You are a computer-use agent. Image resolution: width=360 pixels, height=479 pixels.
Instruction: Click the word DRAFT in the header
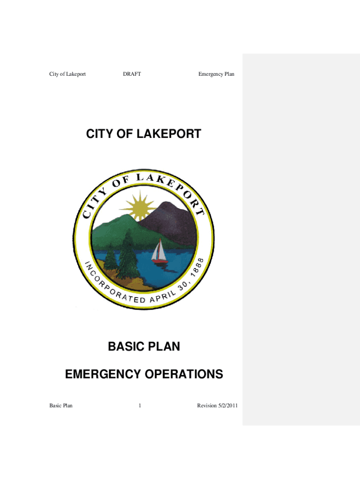(x=132, y=74)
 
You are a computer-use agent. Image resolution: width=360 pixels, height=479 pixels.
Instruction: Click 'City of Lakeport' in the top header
(x=67, y=74)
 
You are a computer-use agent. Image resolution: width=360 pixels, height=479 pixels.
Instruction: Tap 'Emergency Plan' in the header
(x=216, y=74)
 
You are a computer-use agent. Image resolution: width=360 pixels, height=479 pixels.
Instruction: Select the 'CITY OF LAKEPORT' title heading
(x=144, y=134)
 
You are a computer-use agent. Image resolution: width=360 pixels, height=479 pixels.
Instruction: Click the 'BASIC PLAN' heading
(x=144, y=347)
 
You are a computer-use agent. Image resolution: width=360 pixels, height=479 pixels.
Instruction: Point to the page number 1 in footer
(x=140, y=406)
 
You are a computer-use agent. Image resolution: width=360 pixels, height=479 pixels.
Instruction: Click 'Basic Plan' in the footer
(x=61, y=406)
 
